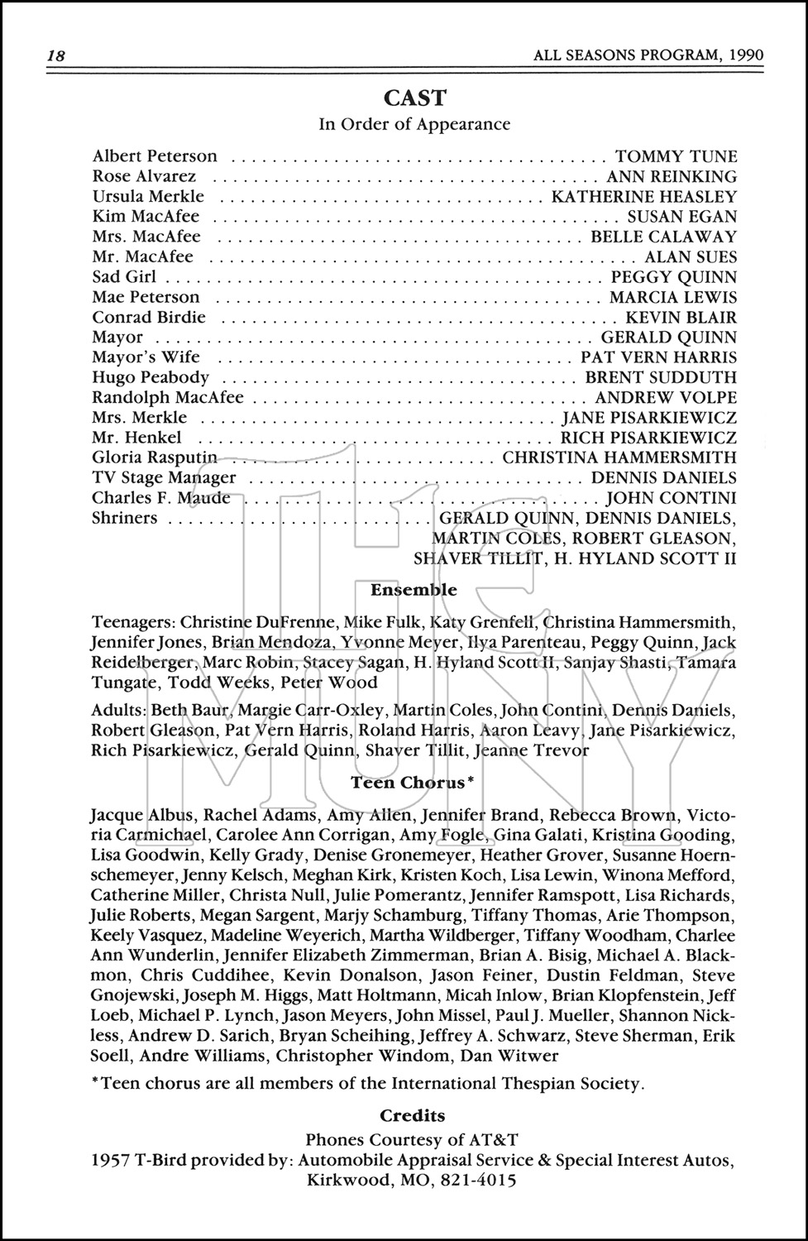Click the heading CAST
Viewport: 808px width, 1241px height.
pyautogui.click(x=414, y=98)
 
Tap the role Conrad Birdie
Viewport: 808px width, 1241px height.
pyautogui.click(x=149, y=318)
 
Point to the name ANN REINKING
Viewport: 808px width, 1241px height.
pyautogui.click(x=671, y=176)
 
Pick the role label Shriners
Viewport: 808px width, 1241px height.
pyautogui.click(x=124, y=519)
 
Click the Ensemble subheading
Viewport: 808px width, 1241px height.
pyautogui.click(x=414, y=591)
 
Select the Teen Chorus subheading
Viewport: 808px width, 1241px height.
pyautogui.click(x=412, y=782)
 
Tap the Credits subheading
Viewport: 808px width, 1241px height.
pyautogui.click(x=413, y=1116)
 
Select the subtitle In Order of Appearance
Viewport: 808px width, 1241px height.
pyautogui.click(x=414, y=125)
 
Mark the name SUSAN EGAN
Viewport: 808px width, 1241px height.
pyautogui.click(x=681, y=217)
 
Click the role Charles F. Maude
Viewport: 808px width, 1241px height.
pyautogui.click(x=161, y=498)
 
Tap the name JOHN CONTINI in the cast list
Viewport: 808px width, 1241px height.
pyautogui.click(x=671, y=498)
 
